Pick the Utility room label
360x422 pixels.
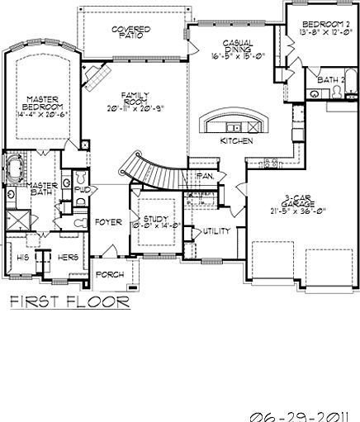216,232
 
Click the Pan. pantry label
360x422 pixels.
206,177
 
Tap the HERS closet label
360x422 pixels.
68,257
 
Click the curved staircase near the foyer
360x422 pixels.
151,170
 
